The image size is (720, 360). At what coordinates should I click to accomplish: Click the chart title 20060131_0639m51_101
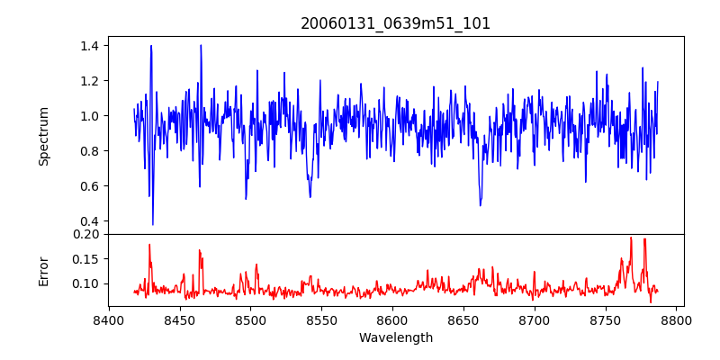click(395, 23)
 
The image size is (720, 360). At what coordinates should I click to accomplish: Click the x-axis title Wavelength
click(395, 338)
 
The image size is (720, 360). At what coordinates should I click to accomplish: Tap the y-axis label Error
click(43, 270)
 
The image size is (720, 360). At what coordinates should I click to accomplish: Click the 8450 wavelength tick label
click(179, 319)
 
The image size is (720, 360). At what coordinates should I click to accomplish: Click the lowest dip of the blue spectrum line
click(153, 224)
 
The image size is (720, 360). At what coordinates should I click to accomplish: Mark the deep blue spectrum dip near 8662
click(481, 204)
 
